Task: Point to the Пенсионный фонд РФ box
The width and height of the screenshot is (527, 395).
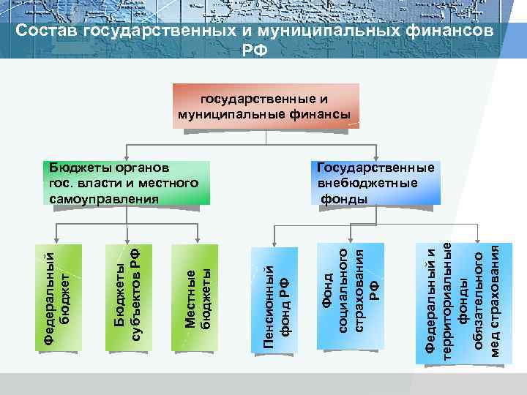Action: (x=276, y=300)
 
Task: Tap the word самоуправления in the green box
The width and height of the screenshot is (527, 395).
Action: (x=100, y=199)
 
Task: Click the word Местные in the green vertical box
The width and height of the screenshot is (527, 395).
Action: (x=190, y=299)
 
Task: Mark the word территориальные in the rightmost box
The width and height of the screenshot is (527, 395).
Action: (x=447, y=301)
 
